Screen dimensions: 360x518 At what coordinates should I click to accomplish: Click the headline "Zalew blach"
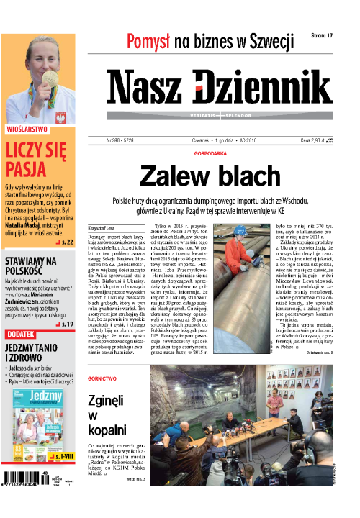pos(210,176)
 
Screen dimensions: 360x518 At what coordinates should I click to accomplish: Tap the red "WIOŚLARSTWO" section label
pos(27,130)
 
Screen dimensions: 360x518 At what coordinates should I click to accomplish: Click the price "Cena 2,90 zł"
pos(316,140)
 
